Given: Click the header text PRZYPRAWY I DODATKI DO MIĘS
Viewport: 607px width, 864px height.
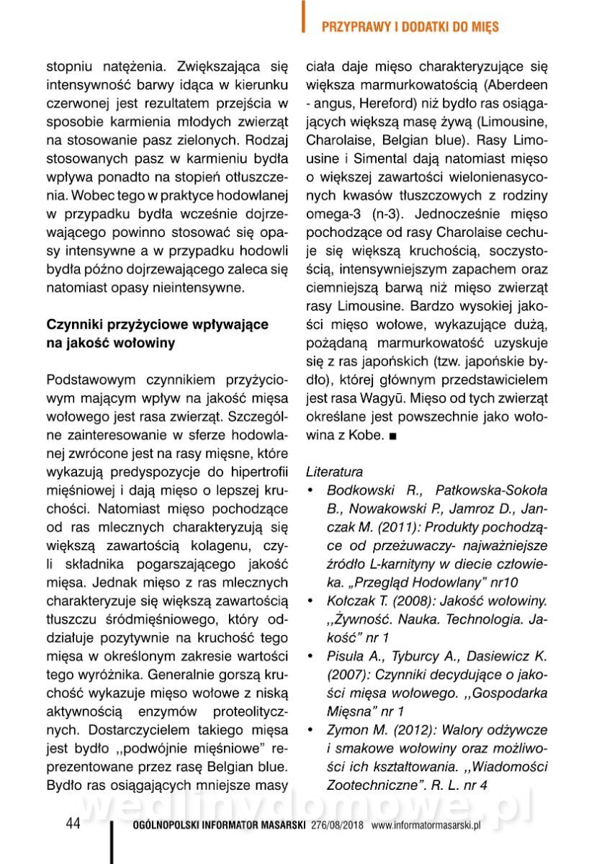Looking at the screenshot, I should (410, 27).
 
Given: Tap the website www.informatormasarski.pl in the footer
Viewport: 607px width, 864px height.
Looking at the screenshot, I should (426, 825).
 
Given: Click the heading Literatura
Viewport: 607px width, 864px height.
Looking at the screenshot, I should (334, 473).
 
